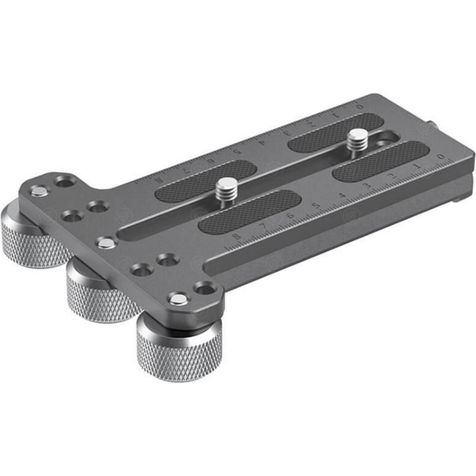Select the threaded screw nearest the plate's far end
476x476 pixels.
click(x=355, y=139)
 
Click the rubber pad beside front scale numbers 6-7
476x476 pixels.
click(x=249, y=209)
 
